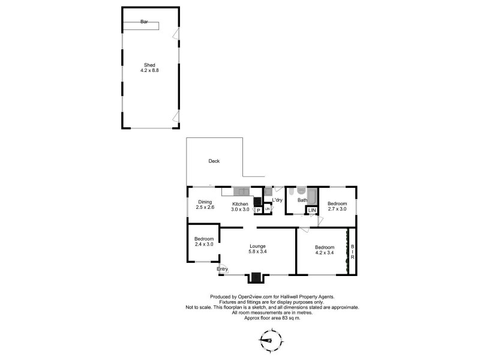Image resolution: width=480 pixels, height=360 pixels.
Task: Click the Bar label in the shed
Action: pos(144,22)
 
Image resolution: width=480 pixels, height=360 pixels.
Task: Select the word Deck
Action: pos(214,161)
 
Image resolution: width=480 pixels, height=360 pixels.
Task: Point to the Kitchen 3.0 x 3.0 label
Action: pos(241,206)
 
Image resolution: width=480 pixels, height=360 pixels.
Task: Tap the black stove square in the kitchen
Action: pos(257,202)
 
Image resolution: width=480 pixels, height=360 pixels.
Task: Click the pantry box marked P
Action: pos(258,211)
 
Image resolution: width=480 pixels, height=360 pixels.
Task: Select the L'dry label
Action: pos(277,200)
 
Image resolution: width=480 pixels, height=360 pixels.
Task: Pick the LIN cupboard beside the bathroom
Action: pos(312,210)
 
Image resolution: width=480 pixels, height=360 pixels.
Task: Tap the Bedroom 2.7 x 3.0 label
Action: pos(337,206)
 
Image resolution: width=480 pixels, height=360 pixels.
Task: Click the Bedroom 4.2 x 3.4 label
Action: pos(325,250)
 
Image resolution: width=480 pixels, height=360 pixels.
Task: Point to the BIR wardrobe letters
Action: pos(353,252)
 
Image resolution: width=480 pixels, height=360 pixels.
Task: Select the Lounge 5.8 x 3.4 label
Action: pos(258,249)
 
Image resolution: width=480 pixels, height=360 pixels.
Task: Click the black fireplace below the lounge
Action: pos(256,277)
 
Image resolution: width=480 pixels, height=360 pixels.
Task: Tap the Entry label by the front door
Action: pos(222,269)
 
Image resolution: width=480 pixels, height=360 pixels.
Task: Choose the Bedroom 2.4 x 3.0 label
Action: pos(203,242)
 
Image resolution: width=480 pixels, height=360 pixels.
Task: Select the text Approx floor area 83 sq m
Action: pos(272,317)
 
